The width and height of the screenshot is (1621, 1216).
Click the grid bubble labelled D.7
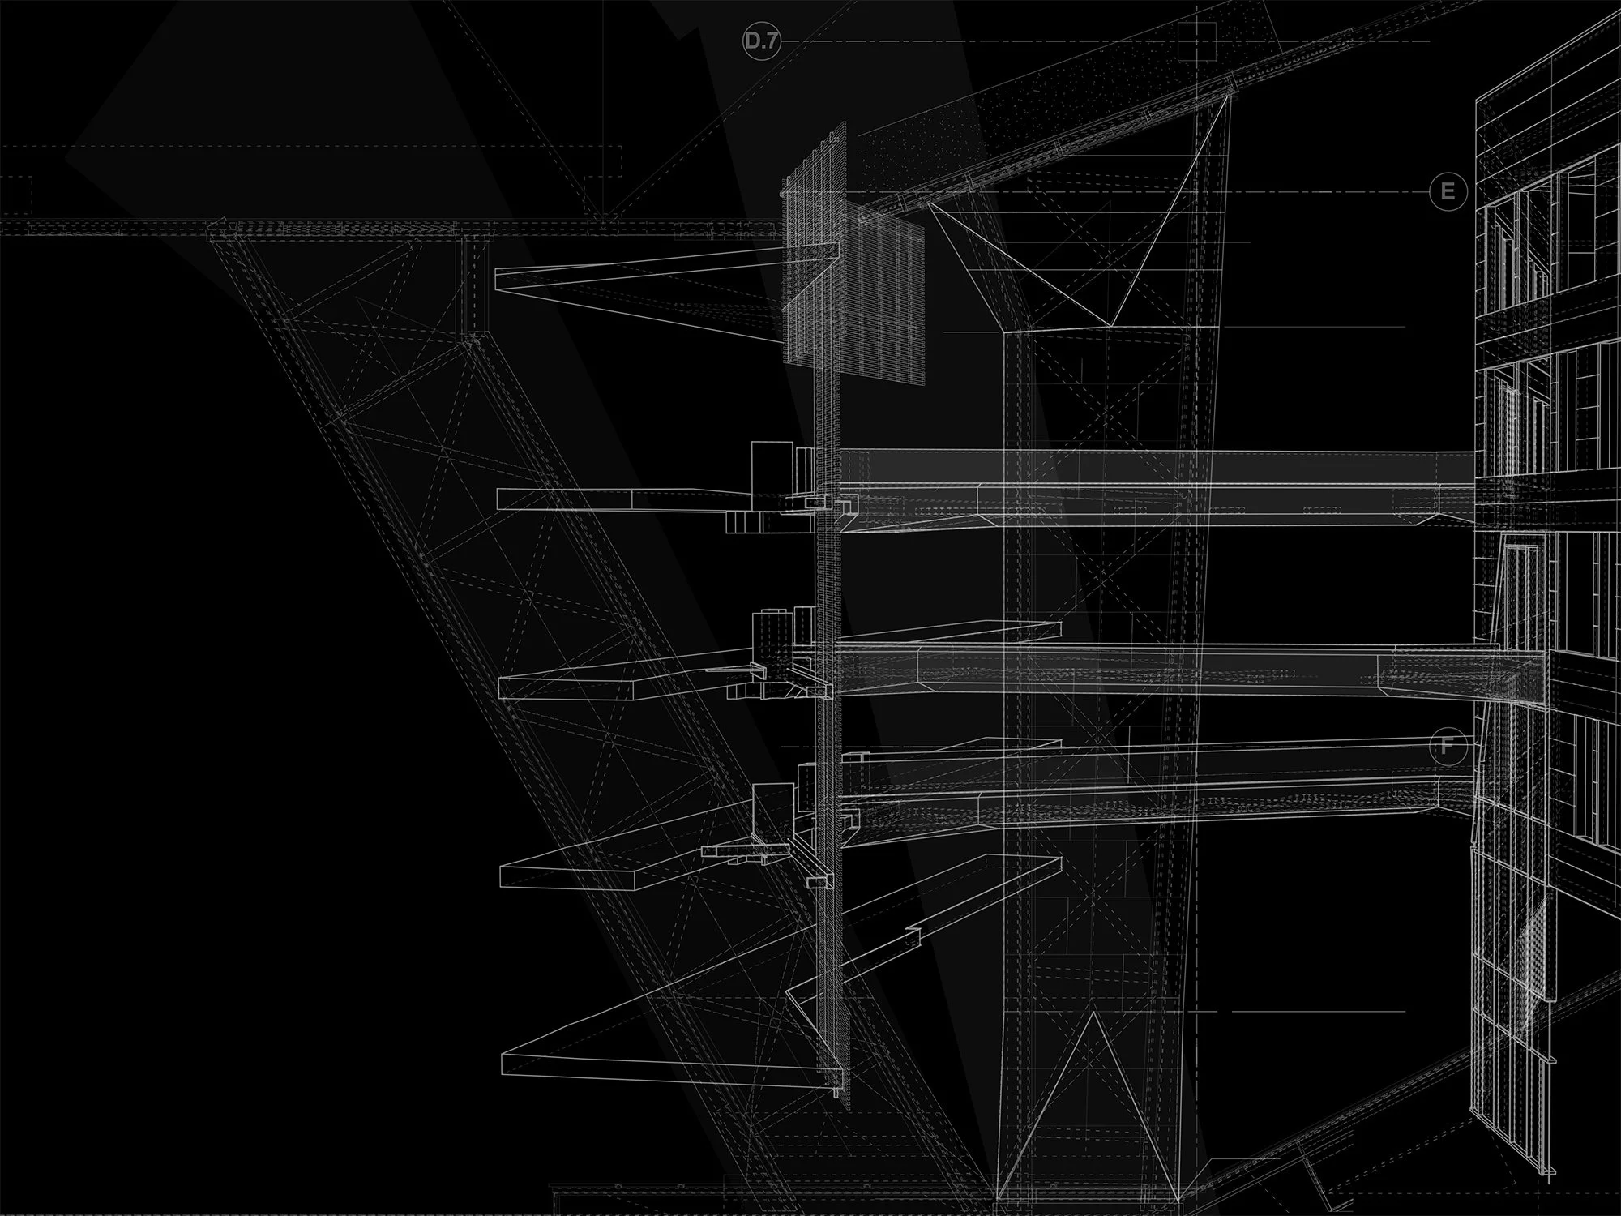761,41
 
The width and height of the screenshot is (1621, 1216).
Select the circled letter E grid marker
1448,193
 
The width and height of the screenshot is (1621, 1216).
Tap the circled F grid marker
1448,746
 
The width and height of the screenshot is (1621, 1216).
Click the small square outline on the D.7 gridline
1199,41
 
